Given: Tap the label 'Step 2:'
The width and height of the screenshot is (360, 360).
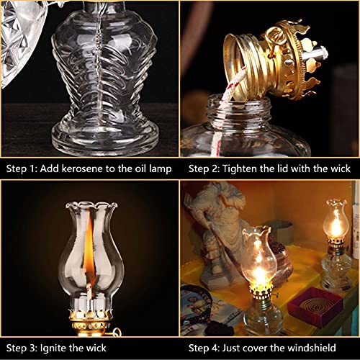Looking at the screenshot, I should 204,169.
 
